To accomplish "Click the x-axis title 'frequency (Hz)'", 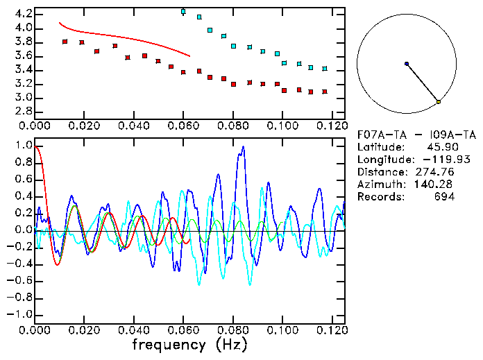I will [189, 345].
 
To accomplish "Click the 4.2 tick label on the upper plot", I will [22, 14].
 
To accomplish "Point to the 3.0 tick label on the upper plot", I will [22, 98].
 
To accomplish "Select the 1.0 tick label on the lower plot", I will [22, 146].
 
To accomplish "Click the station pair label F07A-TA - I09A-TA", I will [406, 135].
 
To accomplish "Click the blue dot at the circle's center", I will [407, 64].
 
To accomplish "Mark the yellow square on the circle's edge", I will [439, 102].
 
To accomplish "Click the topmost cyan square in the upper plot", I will [183, 11].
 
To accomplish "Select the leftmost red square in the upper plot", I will [65, 42].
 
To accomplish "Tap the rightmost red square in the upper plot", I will [325, 92].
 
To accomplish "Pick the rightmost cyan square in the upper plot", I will [325, 69].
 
